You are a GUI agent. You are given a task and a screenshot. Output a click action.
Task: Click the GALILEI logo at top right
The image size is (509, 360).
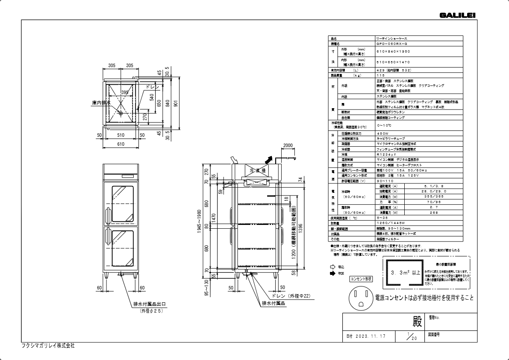[x=457, y=15]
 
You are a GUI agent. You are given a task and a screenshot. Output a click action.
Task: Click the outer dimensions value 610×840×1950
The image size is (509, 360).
[x=393, y=52]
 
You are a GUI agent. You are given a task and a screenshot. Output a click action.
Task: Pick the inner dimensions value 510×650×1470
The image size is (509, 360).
[x=393, y=62]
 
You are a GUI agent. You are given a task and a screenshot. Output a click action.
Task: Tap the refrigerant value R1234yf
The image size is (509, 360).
[x=386, y=154]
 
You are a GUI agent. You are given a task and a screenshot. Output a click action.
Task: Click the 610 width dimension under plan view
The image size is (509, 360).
[x=121, y=145]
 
